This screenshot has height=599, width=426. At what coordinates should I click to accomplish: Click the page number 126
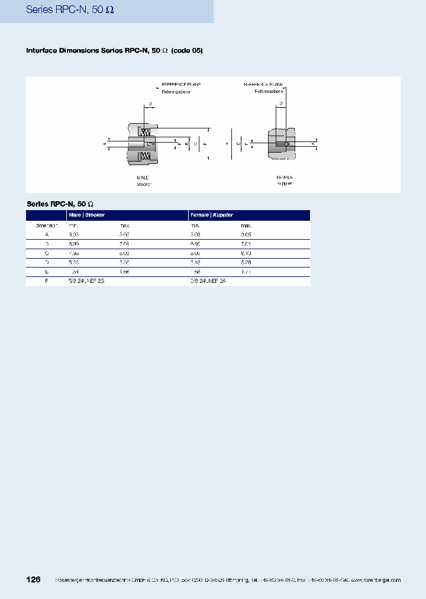tap(33, 579)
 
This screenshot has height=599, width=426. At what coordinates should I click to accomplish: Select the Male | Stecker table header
tap(86, 215)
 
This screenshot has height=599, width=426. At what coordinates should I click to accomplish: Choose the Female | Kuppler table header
tap(211, 215)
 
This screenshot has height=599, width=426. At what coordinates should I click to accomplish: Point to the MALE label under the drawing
tap(143, 177)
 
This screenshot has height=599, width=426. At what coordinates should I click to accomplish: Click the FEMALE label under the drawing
tap(285, 177)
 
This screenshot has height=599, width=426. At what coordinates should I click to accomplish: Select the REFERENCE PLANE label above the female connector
tap(264, 85)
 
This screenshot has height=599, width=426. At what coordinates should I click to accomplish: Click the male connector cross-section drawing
tap(143, 143)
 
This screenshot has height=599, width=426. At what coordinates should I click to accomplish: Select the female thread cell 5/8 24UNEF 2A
tap(208, 281)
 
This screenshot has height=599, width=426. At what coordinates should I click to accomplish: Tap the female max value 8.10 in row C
tap(246, 253)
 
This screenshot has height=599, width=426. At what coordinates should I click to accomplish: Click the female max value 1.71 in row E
tap(246, 272)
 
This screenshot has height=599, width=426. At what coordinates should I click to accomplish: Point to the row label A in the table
tap(47, 235)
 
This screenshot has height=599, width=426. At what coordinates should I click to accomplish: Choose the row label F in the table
tap(47, 281)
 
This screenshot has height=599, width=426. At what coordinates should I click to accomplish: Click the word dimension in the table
tap(46, 226)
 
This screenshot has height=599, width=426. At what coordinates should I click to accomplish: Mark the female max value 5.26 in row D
tap(246, 262)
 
